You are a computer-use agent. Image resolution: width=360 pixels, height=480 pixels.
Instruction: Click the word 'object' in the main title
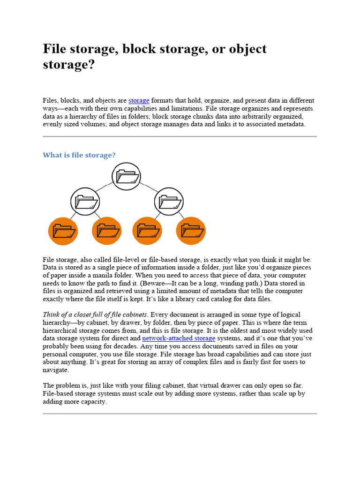coord(243,49)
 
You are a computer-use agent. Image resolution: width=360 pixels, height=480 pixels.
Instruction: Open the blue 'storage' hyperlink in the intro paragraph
coord(139,100)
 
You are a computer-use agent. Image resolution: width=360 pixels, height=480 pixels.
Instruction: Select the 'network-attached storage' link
coord(179,338)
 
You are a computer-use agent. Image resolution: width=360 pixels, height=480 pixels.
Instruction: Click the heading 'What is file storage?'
coord(79,155)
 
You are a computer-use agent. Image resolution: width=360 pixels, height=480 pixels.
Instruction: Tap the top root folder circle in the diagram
coord(127,177)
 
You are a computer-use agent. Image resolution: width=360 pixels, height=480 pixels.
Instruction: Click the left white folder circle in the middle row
coord(85,202)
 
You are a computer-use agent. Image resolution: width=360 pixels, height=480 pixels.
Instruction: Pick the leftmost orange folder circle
coord(63,231)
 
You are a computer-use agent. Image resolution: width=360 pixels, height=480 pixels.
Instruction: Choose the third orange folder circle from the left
coord(148,231)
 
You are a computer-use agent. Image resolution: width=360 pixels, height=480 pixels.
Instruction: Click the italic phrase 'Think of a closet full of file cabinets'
coord(95,314)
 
